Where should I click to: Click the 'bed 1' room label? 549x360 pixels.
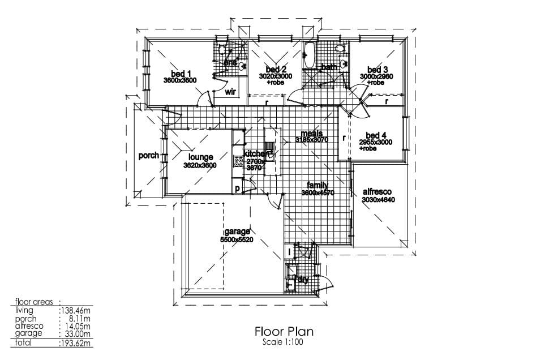(181, 73)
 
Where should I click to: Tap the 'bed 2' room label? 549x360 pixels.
(276, 69)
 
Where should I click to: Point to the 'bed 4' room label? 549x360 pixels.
(376, 135)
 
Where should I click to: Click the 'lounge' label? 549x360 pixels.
(201, 157)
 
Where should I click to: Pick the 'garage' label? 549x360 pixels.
(237, 232)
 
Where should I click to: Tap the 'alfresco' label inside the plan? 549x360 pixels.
(377, 192)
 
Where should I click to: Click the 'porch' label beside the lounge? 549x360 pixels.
(149, 156)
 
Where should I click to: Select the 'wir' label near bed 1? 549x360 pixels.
(230, 92)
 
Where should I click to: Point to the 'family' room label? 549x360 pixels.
(318, 185)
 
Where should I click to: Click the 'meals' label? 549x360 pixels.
(311, 133)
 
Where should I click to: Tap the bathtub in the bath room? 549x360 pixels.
(309, 55)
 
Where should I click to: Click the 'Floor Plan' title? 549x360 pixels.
(284, 331)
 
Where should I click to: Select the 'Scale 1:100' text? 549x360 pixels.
(284, 342)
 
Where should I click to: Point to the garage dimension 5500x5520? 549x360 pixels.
(237, 239)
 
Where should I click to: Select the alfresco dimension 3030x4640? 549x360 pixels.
(378, 200)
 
